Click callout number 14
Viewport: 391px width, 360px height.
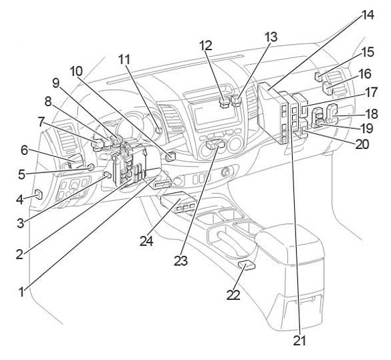click(367, 15)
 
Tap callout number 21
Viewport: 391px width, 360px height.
click(299, 340)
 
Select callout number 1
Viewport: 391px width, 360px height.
click(22, 292)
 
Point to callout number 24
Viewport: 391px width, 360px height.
click(146, 240)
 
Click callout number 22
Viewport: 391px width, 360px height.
click(233, 295)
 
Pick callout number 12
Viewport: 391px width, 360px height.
click(206, 45)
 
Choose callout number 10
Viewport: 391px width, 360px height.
click(76, 71)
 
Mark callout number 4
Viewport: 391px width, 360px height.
click(20, 199)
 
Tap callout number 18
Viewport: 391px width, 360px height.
click(372, 114)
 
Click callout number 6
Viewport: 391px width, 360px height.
click(24, 150)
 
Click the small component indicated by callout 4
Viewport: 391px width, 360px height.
click(39, 194)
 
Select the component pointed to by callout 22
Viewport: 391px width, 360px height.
click(247, 266)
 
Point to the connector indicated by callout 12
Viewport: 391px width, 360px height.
click(224, 102)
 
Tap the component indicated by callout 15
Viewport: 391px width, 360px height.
click(319, 77)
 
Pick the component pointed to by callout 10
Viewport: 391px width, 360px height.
click(170, 156)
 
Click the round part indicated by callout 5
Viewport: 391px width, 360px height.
click(91, 167)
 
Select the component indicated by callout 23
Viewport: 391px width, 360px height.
click(215, 144)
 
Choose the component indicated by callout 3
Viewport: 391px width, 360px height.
click(108, 175)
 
